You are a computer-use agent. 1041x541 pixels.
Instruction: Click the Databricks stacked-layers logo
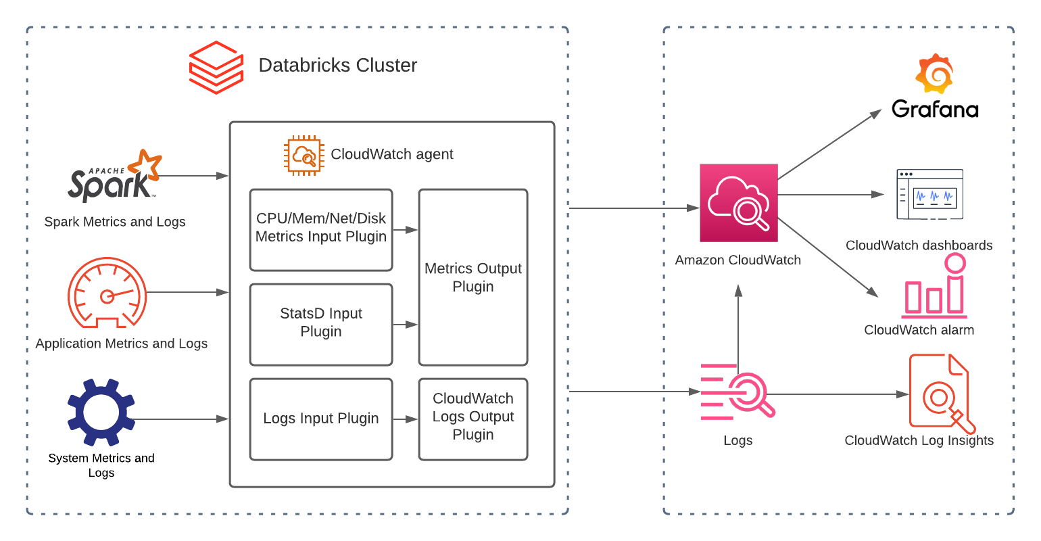[x=216, y=67]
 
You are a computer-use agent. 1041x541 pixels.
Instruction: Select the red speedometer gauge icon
[x=107, y=292]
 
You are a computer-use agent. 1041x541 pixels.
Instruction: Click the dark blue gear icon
[x=101, y=413]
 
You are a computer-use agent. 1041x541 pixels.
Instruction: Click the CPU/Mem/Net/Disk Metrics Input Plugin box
[x=321, y=229]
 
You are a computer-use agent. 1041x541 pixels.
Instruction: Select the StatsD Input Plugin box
[x=321, y=324]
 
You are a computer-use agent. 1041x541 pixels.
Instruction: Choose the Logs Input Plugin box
[x=321, y=419]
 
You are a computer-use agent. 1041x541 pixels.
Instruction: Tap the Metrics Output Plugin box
[x=473, y=277]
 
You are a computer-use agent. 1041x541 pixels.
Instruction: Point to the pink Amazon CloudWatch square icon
[x=738, y=203]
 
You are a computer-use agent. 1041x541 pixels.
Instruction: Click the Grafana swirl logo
[x=934, y=73]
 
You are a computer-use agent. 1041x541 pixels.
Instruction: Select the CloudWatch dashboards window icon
[x=930, y=195]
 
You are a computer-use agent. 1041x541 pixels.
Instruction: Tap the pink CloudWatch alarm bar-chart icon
[x=934, y=287]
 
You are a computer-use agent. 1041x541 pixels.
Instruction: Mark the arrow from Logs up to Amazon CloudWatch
[x=738, y=325]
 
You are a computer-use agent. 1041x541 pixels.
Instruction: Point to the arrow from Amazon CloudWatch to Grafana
[x=829, y=144]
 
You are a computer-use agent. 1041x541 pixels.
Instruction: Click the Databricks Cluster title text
[x=337, y=65]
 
